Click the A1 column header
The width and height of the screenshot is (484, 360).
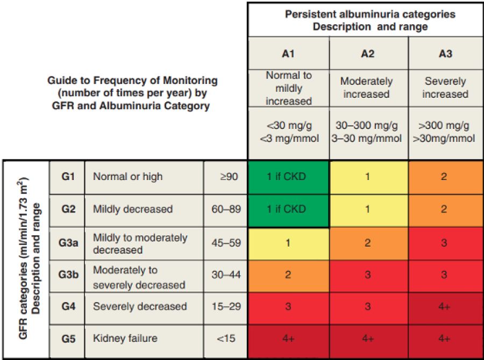pyautogui.click(x=288, y=54)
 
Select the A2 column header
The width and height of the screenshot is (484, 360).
pyautogui.click(x=367, y=54)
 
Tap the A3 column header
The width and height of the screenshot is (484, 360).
pyautogui.click(x=445, y=54)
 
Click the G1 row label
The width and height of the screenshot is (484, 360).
pyautogui.click(x=68, y=176)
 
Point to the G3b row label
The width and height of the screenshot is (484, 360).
pyautogui.click(x=68, y=274)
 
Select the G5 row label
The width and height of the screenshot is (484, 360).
pyautogui.click(x=68, y=339)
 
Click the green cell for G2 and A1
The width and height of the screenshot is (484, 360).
pyautogui.click(x=288, y=211)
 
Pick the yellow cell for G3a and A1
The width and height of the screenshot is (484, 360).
pyautogui.click(x=288, y=244)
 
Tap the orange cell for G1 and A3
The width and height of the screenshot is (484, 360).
pyautogui.click(x=446, y=177)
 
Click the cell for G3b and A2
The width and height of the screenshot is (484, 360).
pyautogui.click(x=368, y=276)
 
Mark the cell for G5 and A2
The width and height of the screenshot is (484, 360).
pyautogui.click(x=368, y=341)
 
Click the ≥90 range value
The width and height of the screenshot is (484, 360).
pyautogui.click(x=229, y=177)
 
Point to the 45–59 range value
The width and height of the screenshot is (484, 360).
pyautogui.click(x=226, y=243)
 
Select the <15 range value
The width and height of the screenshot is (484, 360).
pyautogui.click(x=226, y=339)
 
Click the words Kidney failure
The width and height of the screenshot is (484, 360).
pyautogui.click(x=125, y=339)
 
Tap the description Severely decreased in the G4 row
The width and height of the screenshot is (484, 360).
pyautogui.click(x=140, y=306)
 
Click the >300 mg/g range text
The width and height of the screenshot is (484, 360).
pyautogui.click(x=444, y=126)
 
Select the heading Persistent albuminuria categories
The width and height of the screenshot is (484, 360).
pyautogui.click(x=370, y=14)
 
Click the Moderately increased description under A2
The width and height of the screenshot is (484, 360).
pyautogui.click(x=366, y=88)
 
